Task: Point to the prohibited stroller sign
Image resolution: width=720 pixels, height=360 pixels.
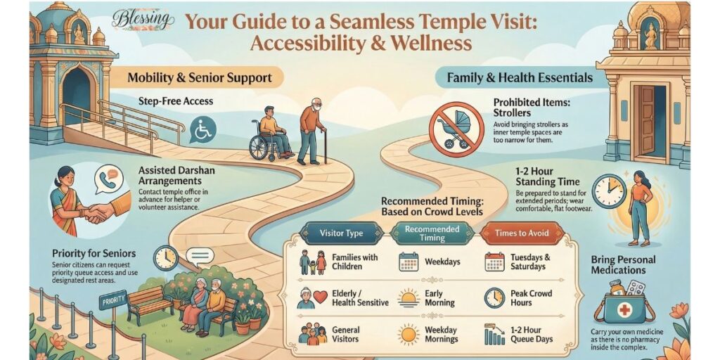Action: (456, 127)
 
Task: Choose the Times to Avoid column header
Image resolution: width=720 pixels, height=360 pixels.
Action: (513, 233)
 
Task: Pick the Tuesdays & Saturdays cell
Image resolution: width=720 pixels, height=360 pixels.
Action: (528, 262)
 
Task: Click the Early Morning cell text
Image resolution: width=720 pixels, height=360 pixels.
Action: (439, 298)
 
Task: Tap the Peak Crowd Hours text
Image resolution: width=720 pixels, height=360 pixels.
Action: (531, 298)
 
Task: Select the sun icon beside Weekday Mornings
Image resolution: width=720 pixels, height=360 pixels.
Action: (408, 334)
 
